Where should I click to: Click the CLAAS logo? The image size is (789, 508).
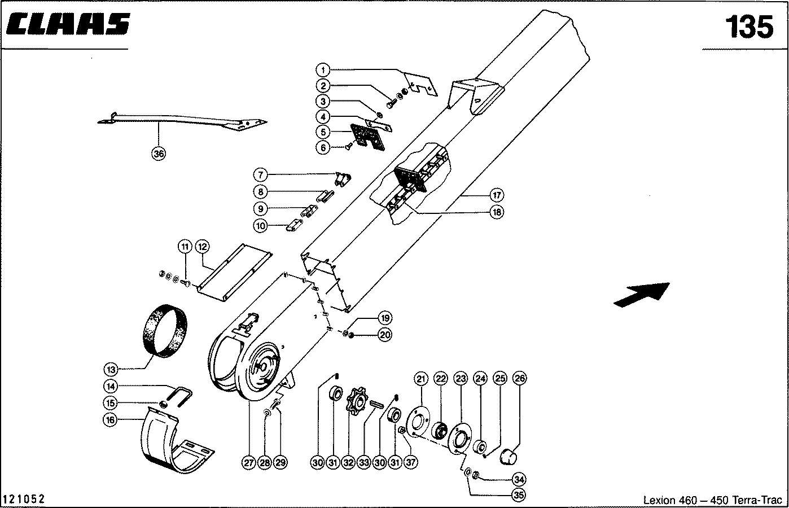(66, 25)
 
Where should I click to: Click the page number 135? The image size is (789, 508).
(749, 27)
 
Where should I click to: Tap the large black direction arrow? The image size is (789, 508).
(642, 294)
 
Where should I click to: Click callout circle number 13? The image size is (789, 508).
(111, 370)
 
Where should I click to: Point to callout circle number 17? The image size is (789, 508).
(496, 195)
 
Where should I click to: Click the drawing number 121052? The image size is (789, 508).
(24, 500)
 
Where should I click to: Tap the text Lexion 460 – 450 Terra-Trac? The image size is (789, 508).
(712, 500)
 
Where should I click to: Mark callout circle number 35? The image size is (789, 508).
(518, 495)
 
